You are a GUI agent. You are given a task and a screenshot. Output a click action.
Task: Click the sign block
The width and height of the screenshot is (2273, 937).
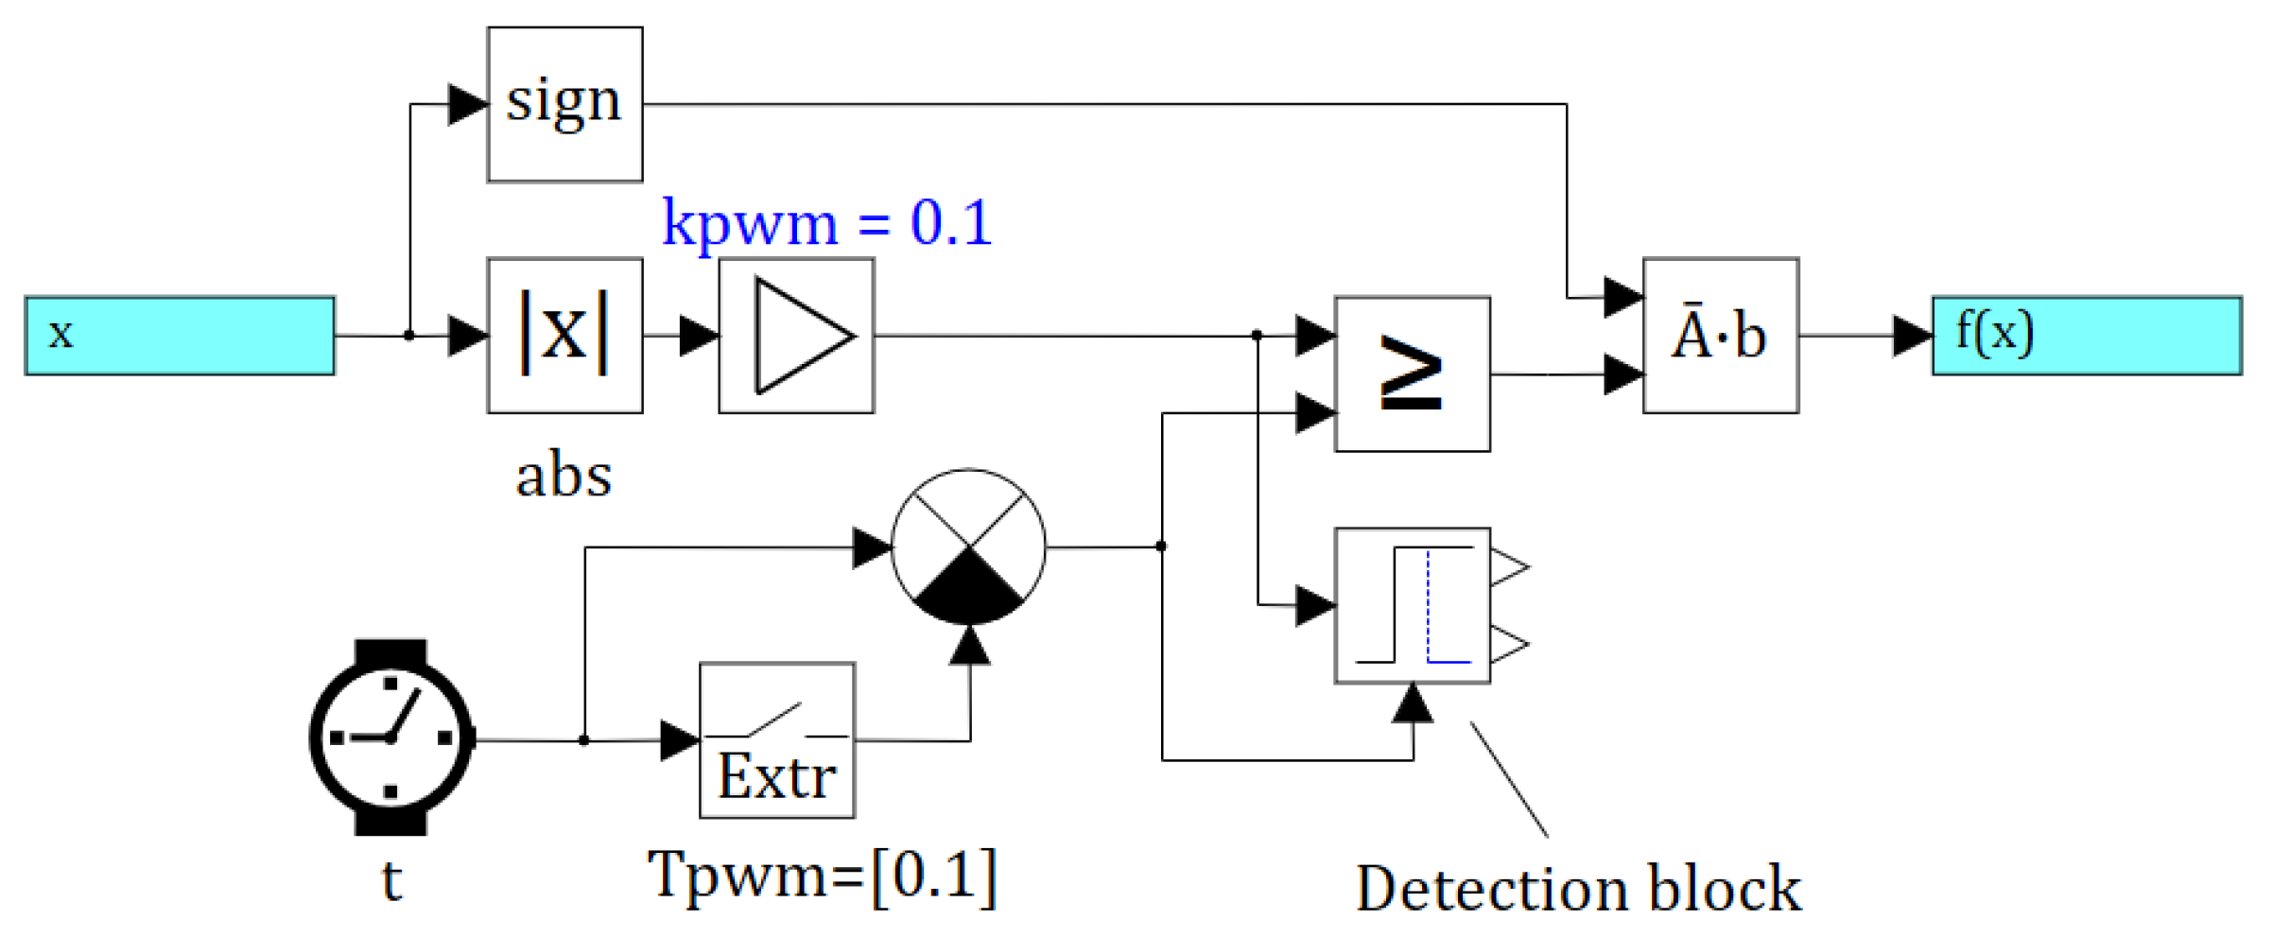pyautogui.click(x=564, y=104)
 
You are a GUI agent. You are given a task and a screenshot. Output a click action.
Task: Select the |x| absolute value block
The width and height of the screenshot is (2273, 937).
pyautogui.click(x=564, y=335)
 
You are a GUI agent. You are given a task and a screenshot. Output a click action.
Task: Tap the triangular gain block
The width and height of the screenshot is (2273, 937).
pyautogui.click(x=796, y=335)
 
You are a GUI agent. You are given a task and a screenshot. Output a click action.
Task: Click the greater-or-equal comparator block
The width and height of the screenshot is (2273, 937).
pyautogui.click(x=1412, y=374)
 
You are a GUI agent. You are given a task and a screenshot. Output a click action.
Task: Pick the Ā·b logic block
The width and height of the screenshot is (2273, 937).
pyautogui.click(x=1720, y=335)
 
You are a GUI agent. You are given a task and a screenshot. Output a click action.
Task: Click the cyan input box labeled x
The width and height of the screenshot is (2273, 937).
pyautogui.click(x=180, y=336)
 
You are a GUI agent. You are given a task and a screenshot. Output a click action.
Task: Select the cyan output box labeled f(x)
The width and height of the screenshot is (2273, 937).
pyautogui.click(x=2086, y=336)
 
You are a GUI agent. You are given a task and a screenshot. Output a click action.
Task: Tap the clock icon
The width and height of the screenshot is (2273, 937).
pyautogui.click(x=390, y=737)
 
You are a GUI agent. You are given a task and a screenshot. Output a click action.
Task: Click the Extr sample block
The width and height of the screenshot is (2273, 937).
pyautogui.click(x=776, y=739)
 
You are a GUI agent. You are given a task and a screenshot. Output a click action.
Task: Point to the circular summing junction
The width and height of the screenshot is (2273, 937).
pyautogui.click(x=969, y=547)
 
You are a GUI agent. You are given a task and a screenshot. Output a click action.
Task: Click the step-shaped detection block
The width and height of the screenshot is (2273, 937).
pyautogui.click(x=1412, y=605)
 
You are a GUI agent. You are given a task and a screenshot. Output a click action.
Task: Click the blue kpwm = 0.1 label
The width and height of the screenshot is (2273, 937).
pyautogui.click(x=826, y=223)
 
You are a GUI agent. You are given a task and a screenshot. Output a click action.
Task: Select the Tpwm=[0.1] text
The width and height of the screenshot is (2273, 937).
pyautogui.click(x=822, y=876)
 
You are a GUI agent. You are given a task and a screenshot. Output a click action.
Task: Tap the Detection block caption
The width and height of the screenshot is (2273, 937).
pyautogui.click(x=1578, y=889)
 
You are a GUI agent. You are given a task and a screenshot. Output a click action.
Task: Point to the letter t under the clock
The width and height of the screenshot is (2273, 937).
pyautogui.click(x=391, y=881)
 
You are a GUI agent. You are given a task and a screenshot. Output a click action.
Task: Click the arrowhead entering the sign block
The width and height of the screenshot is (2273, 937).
pyautogui.click(x=467, y=104)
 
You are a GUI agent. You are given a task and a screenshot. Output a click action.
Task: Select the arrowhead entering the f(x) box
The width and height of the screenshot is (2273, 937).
pyautogui.click(x=1911, y=336)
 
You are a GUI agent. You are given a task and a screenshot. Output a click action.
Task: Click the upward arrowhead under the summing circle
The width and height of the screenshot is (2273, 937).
pyautogui.click(x=969, y=645)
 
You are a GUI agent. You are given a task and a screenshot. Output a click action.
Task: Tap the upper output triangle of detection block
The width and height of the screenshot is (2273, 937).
pyautogui.click(x=1510, y=567)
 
